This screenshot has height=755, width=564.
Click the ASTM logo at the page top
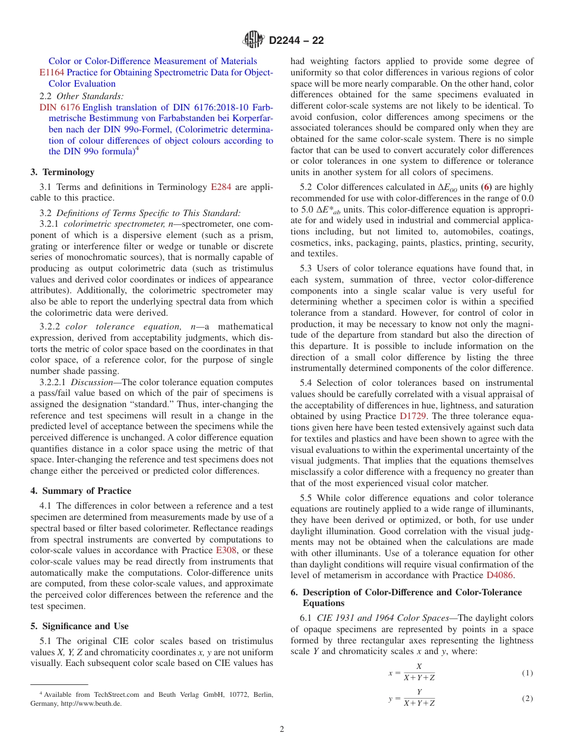pyautogui.click(x=254, y=40)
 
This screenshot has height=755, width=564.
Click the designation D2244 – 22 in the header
pyautogui.click(x=296, y=40)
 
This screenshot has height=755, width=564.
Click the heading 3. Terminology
pyautogui.click(x=62, y=172)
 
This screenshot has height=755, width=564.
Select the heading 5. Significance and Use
pyautogui.click(x=80, y=626)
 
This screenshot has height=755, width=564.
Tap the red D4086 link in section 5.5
pyautogui.click(x=500, y=575)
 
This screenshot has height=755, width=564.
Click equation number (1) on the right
pyautogui.click(x=527, y=673)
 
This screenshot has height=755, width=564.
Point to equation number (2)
pyautogui.click(x=527, y=699)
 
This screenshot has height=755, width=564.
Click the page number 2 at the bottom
pyautogui.click(x=282, y=729)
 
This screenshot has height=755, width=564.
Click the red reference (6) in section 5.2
pyautogui.click(x=486, y=188)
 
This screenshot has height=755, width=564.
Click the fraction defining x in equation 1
pyautogui.click(x=419, y=673)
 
